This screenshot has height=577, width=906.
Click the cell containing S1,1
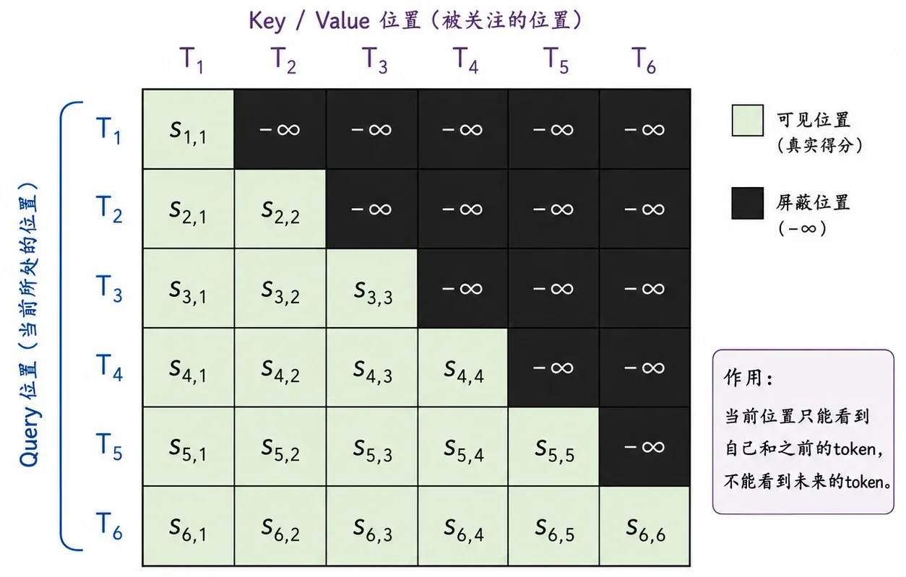(189, 129)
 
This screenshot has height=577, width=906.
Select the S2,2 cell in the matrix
(280, 209)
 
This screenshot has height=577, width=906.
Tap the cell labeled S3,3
(371, 288)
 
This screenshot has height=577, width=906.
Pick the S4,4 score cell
(462, 367)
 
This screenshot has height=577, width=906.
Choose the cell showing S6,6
(644, 526)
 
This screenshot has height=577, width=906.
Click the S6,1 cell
(189, 526)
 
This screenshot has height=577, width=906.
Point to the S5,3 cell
(371, 446)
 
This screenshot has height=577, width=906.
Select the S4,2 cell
(280, 367)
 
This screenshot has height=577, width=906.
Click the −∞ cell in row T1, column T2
(280, 129)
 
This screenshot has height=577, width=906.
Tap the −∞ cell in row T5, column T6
(644, 446)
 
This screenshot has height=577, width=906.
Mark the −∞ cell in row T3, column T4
(462, 288)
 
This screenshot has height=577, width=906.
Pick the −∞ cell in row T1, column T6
(644, 129)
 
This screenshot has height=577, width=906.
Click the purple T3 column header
(374, 60)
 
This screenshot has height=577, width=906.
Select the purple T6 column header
(643, 60)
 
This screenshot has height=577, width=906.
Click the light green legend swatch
(748, 121)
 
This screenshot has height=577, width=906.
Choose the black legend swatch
(748, 203)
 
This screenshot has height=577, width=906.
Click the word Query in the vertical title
(30, 436)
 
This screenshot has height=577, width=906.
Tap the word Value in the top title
(342, 20)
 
